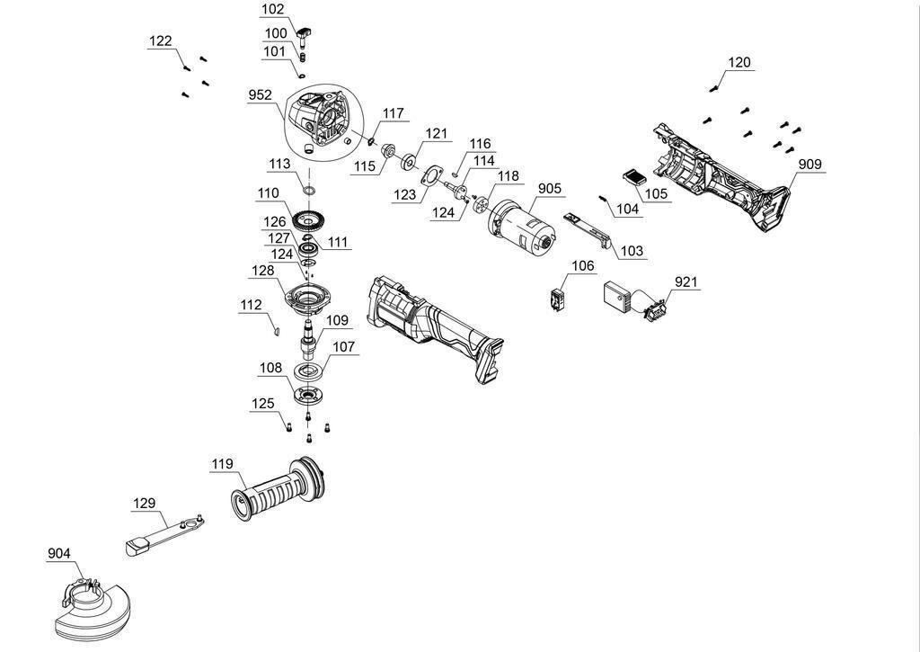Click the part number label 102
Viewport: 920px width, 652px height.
click(x=272, y=9)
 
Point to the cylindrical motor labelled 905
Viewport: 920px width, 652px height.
click(x=520, y=226)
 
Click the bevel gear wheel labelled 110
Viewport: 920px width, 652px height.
click(x=311, y=221)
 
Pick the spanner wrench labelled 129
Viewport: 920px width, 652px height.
click(x=165, y=531)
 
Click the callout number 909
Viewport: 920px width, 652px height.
click(x=809, y=165)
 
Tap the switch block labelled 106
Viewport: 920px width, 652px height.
click(x=557, y=299)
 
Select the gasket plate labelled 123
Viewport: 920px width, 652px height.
click(x=433, y=176)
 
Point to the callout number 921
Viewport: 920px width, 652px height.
click(x=686, y=282)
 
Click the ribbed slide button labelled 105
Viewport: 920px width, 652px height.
click(x=634, y=177)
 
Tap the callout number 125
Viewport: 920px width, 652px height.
click(x=262, y=404)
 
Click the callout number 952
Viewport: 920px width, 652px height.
click(x=261, y=95)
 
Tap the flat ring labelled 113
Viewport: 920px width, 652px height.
click(x=309, y=191)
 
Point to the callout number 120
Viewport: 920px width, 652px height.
click(x=739, y=62)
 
